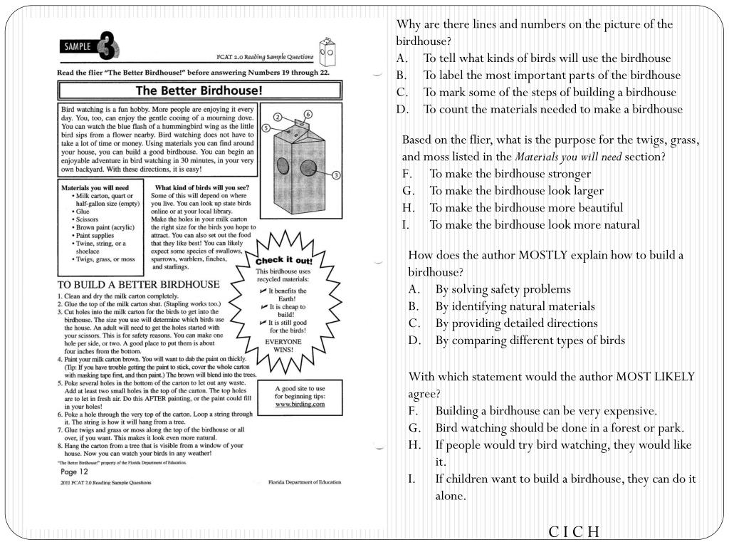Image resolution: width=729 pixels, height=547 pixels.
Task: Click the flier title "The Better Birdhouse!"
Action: [199, 90]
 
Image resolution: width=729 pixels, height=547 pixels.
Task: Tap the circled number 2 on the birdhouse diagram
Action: [279, 117]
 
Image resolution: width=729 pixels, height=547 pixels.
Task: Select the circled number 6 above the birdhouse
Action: [308, 114]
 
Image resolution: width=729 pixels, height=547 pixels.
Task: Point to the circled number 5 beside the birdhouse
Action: [266, 128]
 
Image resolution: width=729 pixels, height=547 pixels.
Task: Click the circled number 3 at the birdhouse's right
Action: [336, 175]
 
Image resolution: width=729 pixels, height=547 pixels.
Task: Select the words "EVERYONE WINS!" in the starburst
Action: [283, 346]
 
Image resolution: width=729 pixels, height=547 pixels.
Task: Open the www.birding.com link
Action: [300, 404]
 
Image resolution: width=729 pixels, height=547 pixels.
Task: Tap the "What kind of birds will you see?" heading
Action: [201, 187]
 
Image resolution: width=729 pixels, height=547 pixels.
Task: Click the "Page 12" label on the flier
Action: [74, 471]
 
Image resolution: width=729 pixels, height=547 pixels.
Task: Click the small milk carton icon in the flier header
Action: [327, 50]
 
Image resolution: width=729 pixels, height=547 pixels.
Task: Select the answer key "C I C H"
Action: [574, 532]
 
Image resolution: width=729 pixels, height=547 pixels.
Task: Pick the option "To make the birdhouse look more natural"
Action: [534, 225]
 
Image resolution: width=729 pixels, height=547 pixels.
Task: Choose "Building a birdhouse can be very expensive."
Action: [546, 411]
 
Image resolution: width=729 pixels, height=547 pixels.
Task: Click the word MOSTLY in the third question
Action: [543, 255]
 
